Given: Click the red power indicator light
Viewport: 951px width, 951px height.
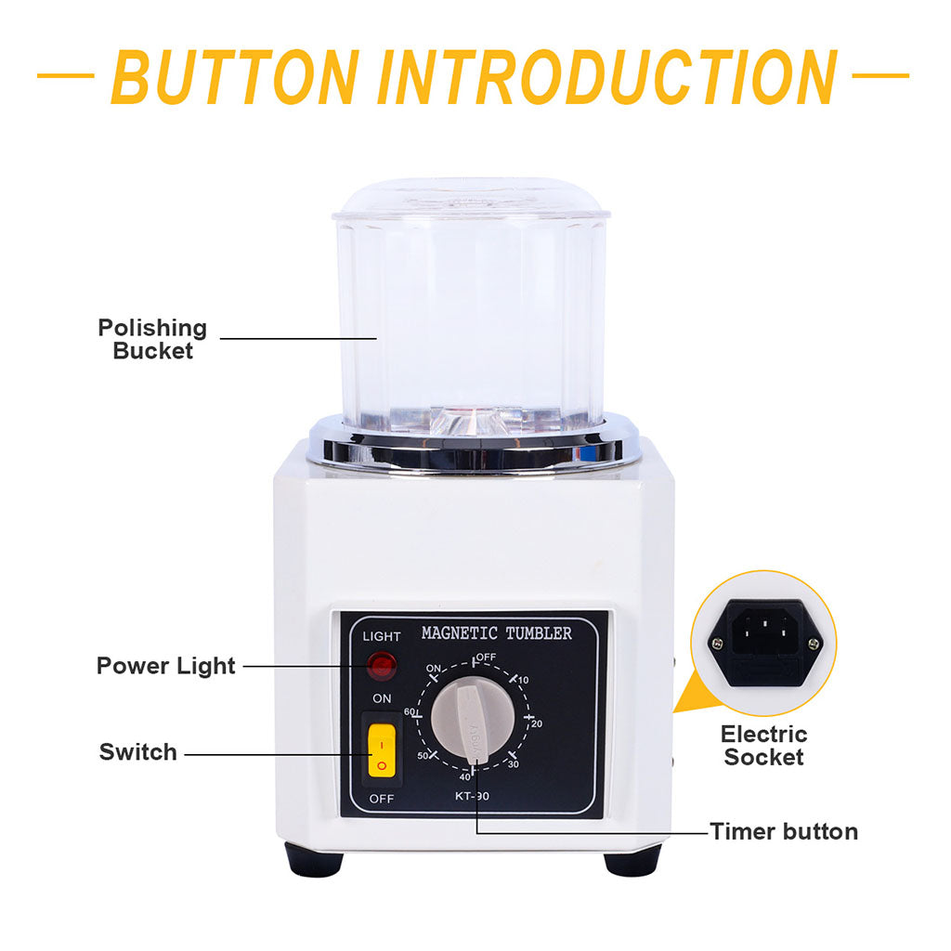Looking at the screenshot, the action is click(382, 666).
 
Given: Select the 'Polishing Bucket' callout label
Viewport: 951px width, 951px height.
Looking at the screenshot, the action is click(153, 339).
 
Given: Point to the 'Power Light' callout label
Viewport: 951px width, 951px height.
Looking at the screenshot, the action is click(165, 666).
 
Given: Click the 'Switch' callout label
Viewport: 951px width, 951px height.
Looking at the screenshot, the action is click(138, 752).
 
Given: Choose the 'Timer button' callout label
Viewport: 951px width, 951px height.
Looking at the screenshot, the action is click(784, 831).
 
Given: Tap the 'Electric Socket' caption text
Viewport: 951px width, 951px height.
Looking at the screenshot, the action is click(763, 746).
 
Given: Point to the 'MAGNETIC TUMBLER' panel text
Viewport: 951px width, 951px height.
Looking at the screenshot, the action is click(497, 633).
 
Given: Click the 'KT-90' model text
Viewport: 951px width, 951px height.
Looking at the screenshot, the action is click(472, 796).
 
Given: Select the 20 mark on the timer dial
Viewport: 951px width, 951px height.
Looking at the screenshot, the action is click(536, 723).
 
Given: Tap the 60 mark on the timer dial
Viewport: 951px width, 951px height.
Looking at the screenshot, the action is click(410, 711).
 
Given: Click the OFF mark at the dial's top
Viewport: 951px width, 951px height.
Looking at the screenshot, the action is click(486, 657).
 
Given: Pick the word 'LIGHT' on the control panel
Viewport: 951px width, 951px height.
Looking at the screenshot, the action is click(382, 636).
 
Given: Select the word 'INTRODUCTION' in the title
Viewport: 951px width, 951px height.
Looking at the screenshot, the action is click(607, 77).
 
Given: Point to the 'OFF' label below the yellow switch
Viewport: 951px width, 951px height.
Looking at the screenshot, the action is click(382, 799).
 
